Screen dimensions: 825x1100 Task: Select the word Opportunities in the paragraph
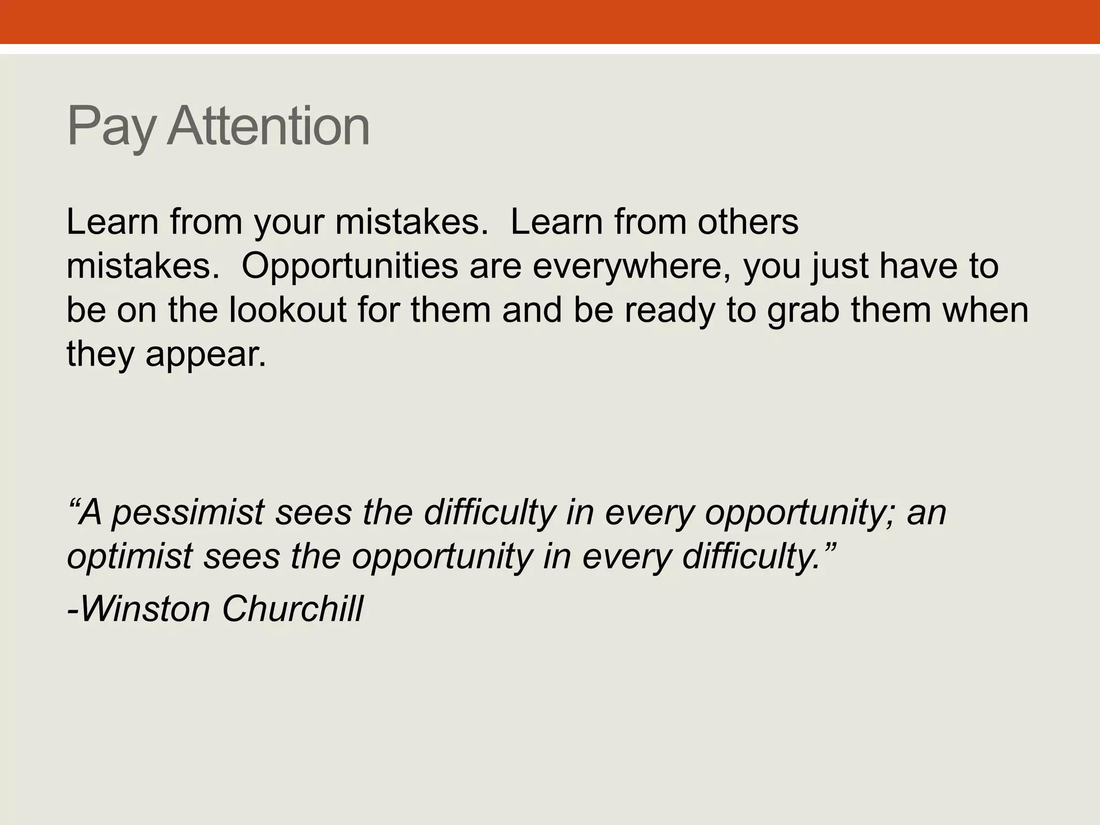point(349,267)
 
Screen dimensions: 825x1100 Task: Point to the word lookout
point(288,310)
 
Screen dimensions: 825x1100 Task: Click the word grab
point(803,312)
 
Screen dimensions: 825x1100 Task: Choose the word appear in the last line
point(206,356)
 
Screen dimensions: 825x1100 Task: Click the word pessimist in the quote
point(188,513)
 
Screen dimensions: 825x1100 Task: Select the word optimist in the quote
point(129,557)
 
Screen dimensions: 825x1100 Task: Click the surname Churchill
point(292,609)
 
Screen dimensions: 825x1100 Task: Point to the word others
point(748,222)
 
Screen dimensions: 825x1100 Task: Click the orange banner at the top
point(550,21)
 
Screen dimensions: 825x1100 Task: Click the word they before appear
point(100,356)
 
